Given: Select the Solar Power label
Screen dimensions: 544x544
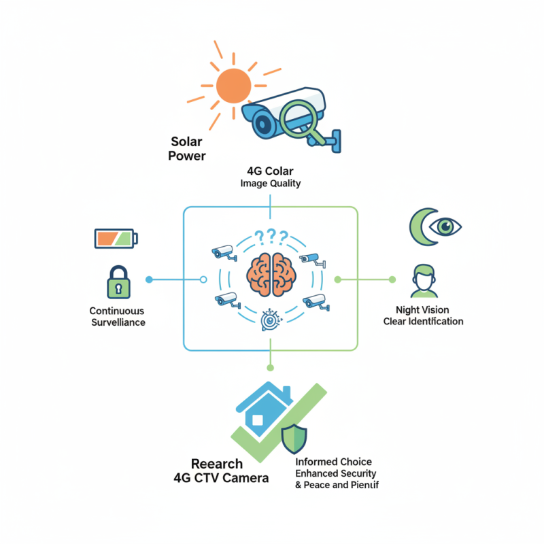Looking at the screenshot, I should tap(188, 148).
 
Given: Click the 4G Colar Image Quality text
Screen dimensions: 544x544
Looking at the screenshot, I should tap(270, 177).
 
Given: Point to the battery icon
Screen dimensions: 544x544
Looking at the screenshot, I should tap(116, 238).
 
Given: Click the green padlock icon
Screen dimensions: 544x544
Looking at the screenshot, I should tap(118, 283).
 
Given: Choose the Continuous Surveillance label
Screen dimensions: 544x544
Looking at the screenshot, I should tap(118, 316).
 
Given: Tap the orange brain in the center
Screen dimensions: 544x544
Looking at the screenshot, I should tap(271, 275).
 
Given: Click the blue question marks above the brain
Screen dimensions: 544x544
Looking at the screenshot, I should tap(271, 237).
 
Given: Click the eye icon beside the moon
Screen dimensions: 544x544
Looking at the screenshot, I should tap(447, 226).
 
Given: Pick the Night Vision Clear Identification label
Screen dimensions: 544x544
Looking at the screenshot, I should tap(423, 316).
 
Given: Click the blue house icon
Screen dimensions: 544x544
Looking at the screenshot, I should tap(264, 408).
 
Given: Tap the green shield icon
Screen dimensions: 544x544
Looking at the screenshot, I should tap(294, 437).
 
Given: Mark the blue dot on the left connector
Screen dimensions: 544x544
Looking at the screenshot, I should tap(149, 279).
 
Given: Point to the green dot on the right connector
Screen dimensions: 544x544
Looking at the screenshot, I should tap(392, 279).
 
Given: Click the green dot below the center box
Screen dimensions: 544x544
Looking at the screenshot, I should tap(270, 367).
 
